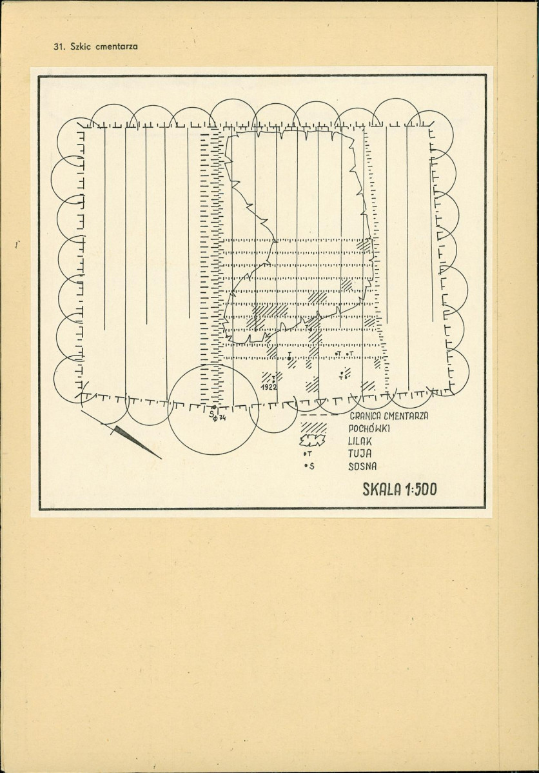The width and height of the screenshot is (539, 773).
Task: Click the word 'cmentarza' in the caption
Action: tap(116, 47)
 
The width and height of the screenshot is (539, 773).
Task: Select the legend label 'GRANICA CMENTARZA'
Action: tap(388, 416)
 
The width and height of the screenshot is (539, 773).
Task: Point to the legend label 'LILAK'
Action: tap(360, 441)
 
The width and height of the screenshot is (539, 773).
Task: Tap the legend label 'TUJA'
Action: tap(360, 454)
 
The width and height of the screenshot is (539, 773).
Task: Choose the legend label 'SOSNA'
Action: tap(362, 466)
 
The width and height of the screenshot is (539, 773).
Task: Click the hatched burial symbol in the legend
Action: tap(314, 428)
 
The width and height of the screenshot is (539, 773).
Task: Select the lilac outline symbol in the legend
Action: tap(313, 440)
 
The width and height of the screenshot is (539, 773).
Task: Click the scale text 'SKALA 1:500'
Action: tap(400, 489)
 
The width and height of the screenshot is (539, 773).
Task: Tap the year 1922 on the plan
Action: tap(269, 387)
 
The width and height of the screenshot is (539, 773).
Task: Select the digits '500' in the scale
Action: tap(426, 489)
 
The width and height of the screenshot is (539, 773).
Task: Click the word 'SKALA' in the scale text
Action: tap(381, 489)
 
